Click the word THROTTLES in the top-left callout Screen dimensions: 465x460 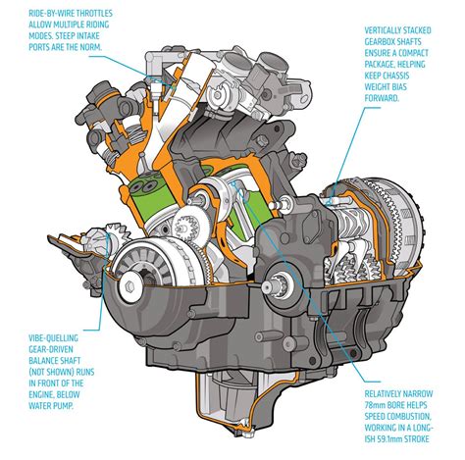click(94, 14)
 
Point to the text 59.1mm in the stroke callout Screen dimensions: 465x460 click(390, 439)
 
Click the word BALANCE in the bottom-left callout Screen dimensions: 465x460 click(42, 361)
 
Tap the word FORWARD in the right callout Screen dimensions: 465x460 click(382, 98)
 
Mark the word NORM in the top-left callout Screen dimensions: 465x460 click(91, 47)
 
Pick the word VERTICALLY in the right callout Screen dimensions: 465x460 click(383, 30)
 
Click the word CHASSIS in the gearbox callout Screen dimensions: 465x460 click(396, 76)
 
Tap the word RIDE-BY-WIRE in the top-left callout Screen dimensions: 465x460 click(51, 14)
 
